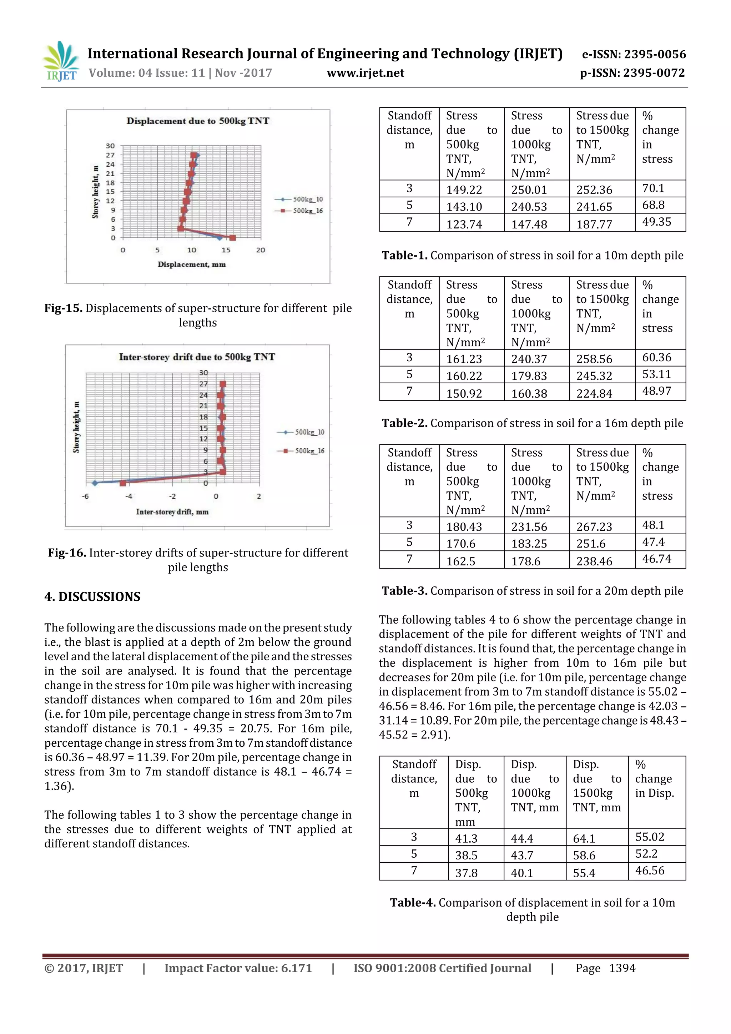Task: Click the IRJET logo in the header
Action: click(61, 62)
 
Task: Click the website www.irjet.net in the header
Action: click(365, 73)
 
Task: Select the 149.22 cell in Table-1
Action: click(464, 190)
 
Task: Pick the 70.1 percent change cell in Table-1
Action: click(653, 188)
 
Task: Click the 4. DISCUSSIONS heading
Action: click(92, 597)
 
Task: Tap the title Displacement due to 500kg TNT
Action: click(198, 121)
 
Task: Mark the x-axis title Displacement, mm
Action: click(191, 264)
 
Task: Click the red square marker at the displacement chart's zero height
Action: click(232, 238)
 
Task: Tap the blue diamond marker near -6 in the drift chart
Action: click(95, 483)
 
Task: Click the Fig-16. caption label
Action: click(67, 553)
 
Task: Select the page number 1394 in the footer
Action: click(622, 968)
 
